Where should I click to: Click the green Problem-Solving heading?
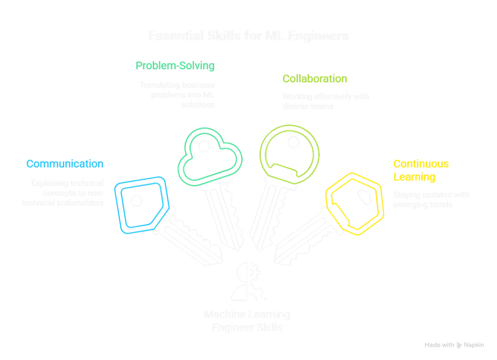click(x=175, y=66)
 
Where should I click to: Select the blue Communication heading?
click(x=65, y=164)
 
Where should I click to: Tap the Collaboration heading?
click(x=315, y=79)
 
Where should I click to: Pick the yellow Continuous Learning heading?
click(x=421, y=170)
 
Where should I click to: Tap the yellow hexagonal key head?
click(x=354, y=203)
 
